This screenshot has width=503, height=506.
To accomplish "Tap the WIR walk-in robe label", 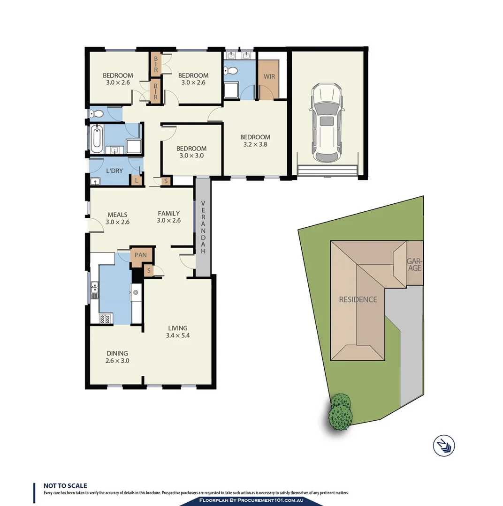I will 269,76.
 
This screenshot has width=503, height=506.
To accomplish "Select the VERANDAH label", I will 203,227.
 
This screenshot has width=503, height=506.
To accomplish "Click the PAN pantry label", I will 141,255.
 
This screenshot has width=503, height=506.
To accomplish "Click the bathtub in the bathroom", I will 97,139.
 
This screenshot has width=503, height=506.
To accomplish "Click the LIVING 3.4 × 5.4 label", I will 178,332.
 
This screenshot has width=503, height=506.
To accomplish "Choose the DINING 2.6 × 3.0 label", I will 117,357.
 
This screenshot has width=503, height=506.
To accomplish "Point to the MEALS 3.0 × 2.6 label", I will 117,218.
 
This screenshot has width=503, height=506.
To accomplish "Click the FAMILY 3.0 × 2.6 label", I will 168,217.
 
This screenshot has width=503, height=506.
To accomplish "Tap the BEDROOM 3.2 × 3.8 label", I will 255,141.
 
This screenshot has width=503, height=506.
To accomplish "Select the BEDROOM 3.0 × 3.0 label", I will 191,152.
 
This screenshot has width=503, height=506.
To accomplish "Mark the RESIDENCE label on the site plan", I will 358,299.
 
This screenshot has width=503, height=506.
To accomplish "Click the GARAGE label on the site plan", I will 414,265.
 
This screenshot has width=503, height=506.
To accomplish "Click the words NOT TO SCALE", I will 65,486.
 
